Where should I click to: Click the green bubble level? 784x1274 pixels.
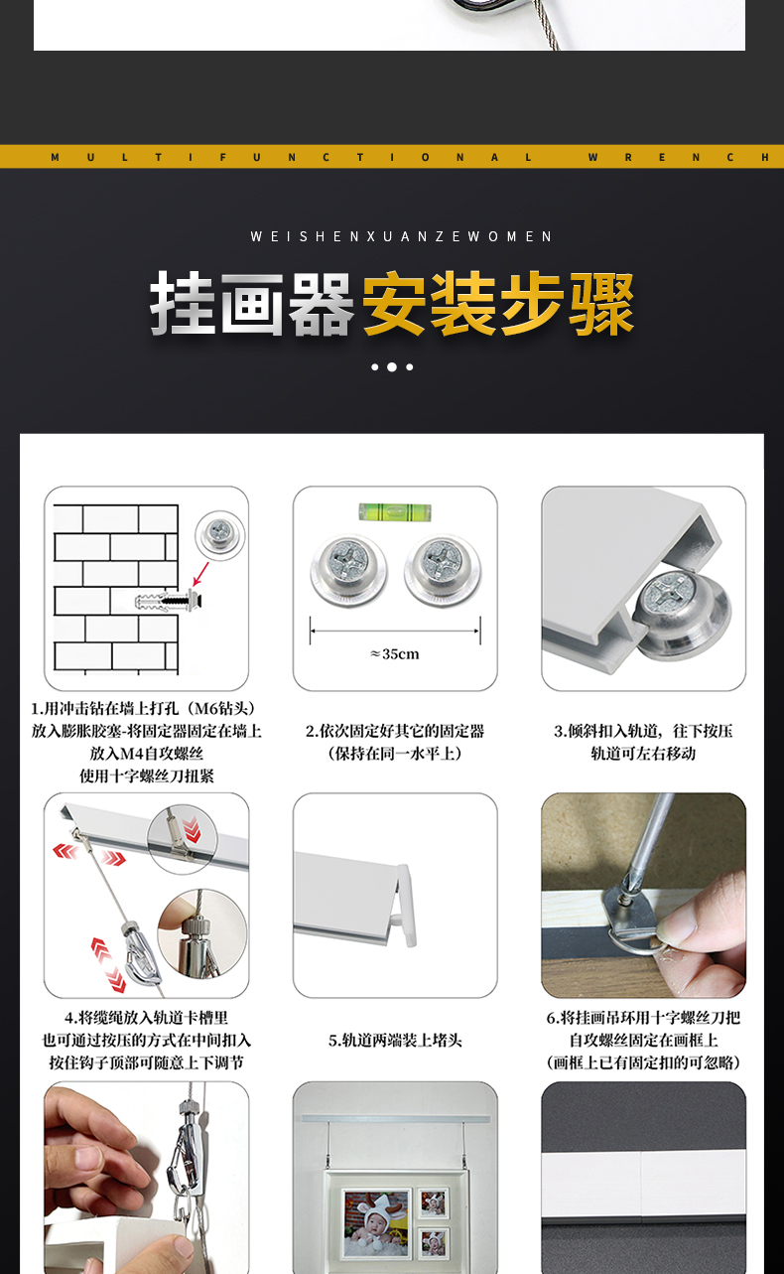click(x=395, y=511)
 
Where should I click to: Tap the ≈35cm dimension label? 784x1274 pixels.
click(x=395, y=654)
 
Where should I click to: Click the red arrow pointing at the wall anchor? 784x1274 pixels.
click(x=200, y=573)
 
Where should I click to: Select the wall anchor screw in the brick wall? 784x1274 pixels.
click(x=169, y=601)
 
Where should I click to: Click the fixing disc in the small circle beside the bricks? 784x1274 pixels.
click(x=220, y=534)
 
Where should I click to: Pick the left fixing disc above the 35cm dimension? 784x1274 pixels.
click(x=348, y=569)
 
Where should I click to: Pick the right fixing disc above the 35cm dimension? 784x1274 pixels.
click(x=443, y=569)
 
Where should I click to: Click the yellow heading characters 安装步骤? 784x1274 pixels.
click(x=498, y=303)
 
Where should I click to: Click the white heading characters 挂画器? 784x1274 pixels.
click(x=252, y=303)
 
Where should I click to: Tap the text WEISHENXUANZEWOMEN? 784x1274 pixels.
click(x=401, y=236)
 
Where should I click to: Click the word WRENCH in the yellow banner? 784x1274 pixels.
click(x=679, y=157)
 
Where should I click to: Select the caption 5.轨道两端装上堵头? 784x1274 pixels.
click(x=395, y=1041)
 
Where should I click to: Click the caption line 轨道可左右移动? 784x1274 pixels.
click(x=643, y=753)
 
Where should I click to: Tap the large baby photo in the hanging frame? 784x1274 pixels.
click(x=376, y=1221)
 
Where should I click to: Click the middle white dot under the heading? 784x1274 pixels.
click(x=392, y=366)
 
